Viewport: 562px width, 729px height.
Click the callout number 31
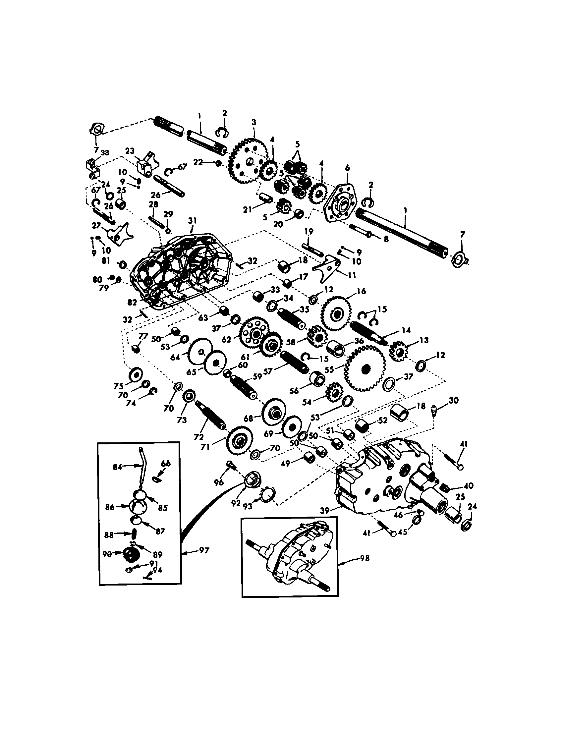[192, 221]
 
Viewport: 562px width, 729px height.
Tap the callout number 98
[365, 558]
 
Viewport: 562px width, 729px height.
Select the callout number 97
[204, 550]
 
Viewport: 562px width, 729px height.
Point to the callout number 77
[143, 336]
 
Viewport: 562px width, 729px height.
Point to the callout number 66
[166, 463]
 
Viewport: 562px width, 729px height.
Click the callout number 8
[386, 239]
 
